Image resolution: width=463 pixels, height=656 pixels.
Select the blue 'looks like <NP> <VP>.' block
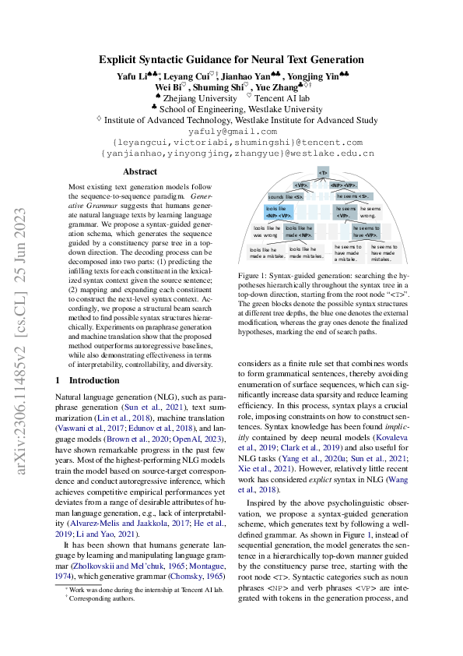click(281, 212)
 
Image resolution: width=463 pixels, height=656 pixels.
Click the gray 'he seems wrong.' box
click(370, 212)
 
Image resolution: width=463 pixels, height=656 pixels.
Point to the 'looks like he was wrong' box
click(265, 231)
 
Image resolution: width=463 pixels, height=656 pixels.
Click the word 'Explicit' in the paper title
click(118, 59)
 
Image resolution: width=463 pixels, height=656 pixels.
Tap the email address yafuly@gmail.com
click(231, 132)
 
